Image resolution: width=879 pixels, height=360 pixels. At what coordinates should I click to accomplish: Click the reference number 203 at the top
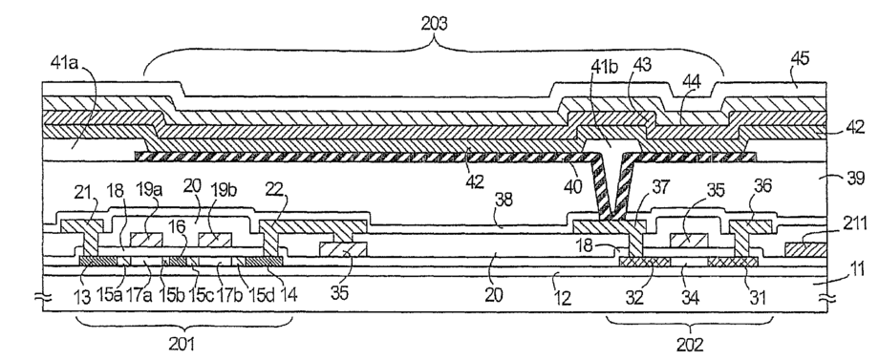pyautogui.click(x=434, y=24)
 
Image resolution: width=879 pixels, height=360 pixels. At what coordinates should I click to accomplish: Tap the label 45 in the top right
pyautogui.click(x=800, y=59)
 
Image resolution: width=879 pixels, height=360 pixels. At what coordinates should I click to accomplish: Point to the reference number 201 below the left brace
pyautogui.click(x=182, y=343)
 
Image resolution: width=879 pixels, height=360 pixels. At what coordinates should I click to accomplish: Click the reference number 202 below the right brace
pyautogui.click(x=690, y=343)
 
